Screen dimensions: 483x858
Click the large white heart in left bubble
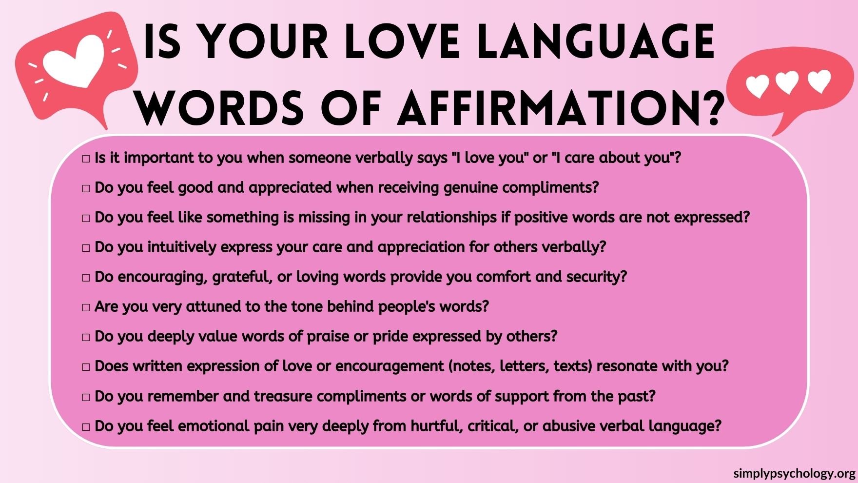74,61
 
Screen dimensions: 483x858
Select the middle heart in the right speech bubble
787,82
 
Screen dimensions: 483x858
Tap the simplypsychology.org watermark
794,473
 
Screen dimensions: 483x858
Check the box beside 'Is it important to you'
86,159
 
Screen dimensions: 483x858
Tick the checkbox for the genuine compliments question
86,188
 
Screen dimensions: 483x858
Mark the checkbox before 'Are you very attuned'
86,307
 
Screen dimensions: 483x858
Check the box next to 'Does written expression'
86,367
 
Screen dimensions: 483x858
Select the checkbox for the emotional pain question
86,427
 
